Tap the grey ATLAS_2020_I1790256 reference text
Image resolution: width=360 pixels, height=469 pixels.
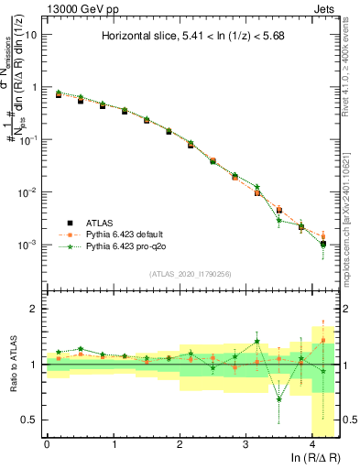pos(191,274)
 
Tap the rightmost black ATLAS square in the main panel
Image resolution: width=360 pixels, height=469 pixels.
pos(323,244)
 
